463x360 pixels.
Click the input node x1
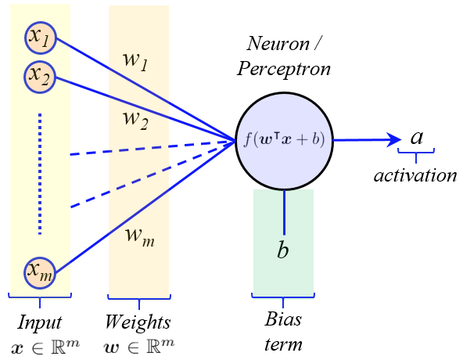point(40,38)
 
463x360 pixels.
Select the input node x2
point(40,77)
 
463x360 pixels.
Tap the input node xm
point(40,272)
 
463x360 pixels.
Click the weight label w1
point(135,61)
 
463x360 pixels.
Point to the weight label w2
point(135,120)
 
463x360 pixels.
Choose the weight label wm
point(140,237)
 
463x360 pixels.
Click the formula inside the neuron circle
point(284,139)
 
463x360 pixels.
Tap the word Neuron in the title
point(278,44)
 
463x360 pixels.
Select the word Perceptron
point(283,70)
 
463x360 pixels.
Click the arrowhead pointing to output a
point(394,139)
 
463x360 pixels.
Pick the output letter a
point(417,138)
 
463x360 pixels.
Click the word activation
point(415,175)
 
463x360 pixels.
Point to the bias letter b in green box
point(282,250)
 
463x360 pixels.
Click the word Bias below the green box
point(283,319)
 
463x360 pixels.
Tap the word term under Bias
point(283,344)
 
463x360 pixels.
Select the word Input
point(40,322)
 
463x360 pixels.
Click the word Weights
point(138,322)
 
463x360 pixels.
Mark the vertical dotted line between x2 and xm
point(40,174)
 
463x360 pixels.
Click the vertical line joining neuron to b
point(284,212)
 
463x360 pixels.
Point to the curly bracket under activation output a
point(416,153)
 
